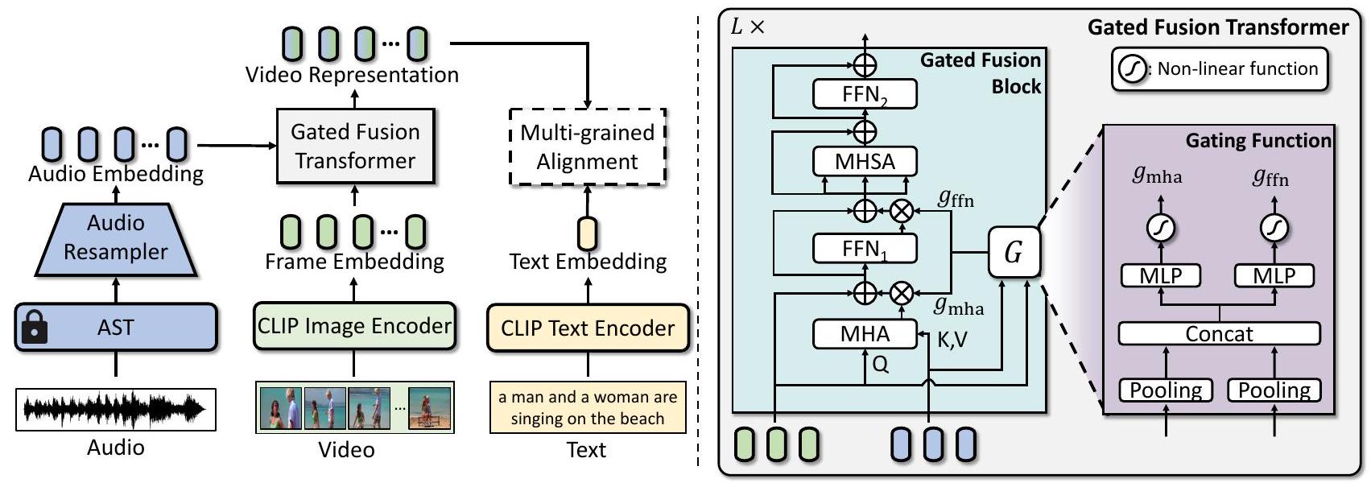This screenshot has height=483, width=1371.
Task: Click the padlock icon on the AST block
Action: [x=34, y=328]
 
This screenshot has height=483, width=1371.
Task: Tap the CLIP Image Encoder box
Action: [x=354, y=326]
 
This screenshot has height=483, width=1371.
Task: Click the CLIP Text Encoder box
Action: [x=588, y=328]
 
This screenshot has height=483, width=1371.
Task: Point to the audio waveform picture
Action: [x=116, y=410]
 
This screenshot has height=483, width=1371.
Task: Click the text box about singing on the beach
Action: [x=588, y=407]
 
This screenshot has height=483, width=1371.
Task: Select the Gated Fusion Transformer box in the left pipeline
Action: [x=355, y=147]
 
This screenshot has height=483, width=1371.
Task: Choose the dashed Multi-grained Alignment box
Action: [x=588, y=147]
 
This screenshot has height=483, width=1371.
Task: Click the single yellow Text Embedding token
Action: [x=588, y=233]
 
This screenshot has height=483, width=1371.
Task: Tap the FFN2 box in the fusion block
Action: [x=865, y=94]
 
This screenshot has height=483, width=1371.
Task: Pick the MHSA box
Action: [x=865, y=161]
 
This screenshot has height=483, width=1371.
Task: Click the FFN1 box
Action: [x=865, y=249]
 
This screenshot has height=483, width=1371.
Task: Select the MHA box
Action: [x=865, y=334]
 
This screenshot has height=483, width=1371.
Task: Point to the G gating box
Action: [x=1014, y=253]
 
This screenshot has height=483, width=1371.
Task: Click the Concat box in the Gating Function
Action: [x=1219, y=333]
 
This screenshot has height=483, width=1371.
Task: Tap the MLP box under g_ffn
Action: [x=1274, y=276]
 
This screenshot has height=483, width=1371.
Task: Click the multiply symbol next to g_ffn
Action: [x=902, y=211]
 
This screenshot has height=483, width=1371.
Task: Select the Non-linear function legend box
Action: [x=1219, y=69]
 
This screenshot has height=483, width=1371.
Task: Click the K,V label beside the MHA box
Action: [x=952, y=341]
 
